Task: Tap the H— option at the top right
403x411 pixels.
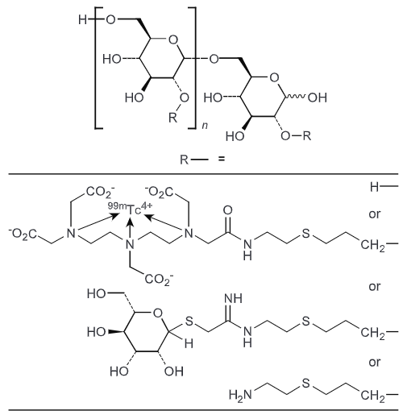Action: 378,185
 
